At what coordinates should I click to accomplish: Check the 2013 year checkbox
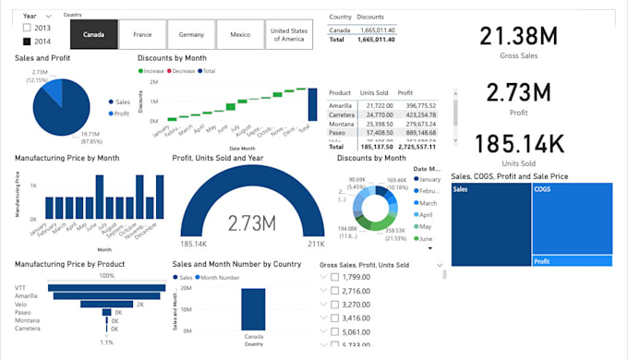coord(27,29)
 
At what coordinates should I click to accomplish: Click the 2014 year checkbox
coord(27,42)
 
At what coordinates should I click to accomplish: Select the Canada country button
coord(93,35)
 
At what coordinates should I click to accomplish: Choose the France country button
coord(142,35)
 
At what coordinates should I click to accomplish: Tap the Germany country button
coord(191,35)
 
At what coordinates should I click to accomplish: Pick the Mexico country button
coord(240,35)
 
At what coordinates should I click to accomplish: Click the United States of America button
coord(289,35)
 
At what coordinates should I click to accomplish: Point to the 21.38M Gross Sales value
coord(518,37)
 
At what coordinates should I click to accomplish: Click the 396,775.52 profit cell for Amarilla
coord(421,105)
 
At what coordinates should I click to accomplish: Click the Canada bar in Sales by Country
coord(254,306)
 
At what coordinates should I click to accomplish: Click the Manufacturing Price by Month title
coord(66,158)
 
